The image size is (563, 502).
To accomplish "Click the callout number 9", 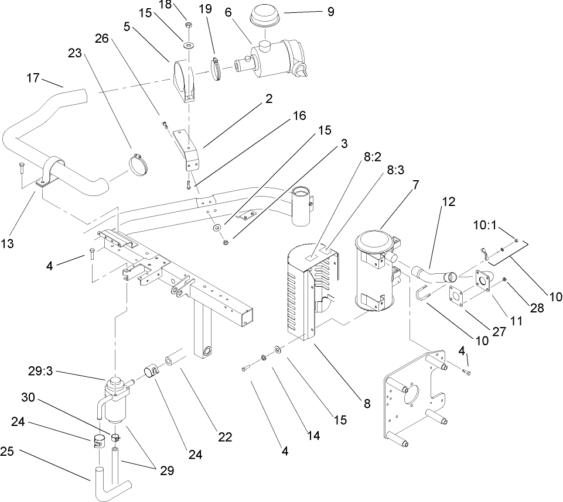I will pyautogui.click(x=331, y=11).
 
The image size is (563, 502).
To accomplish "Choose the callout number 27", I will pyautogui.click(x=499, y=331).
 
